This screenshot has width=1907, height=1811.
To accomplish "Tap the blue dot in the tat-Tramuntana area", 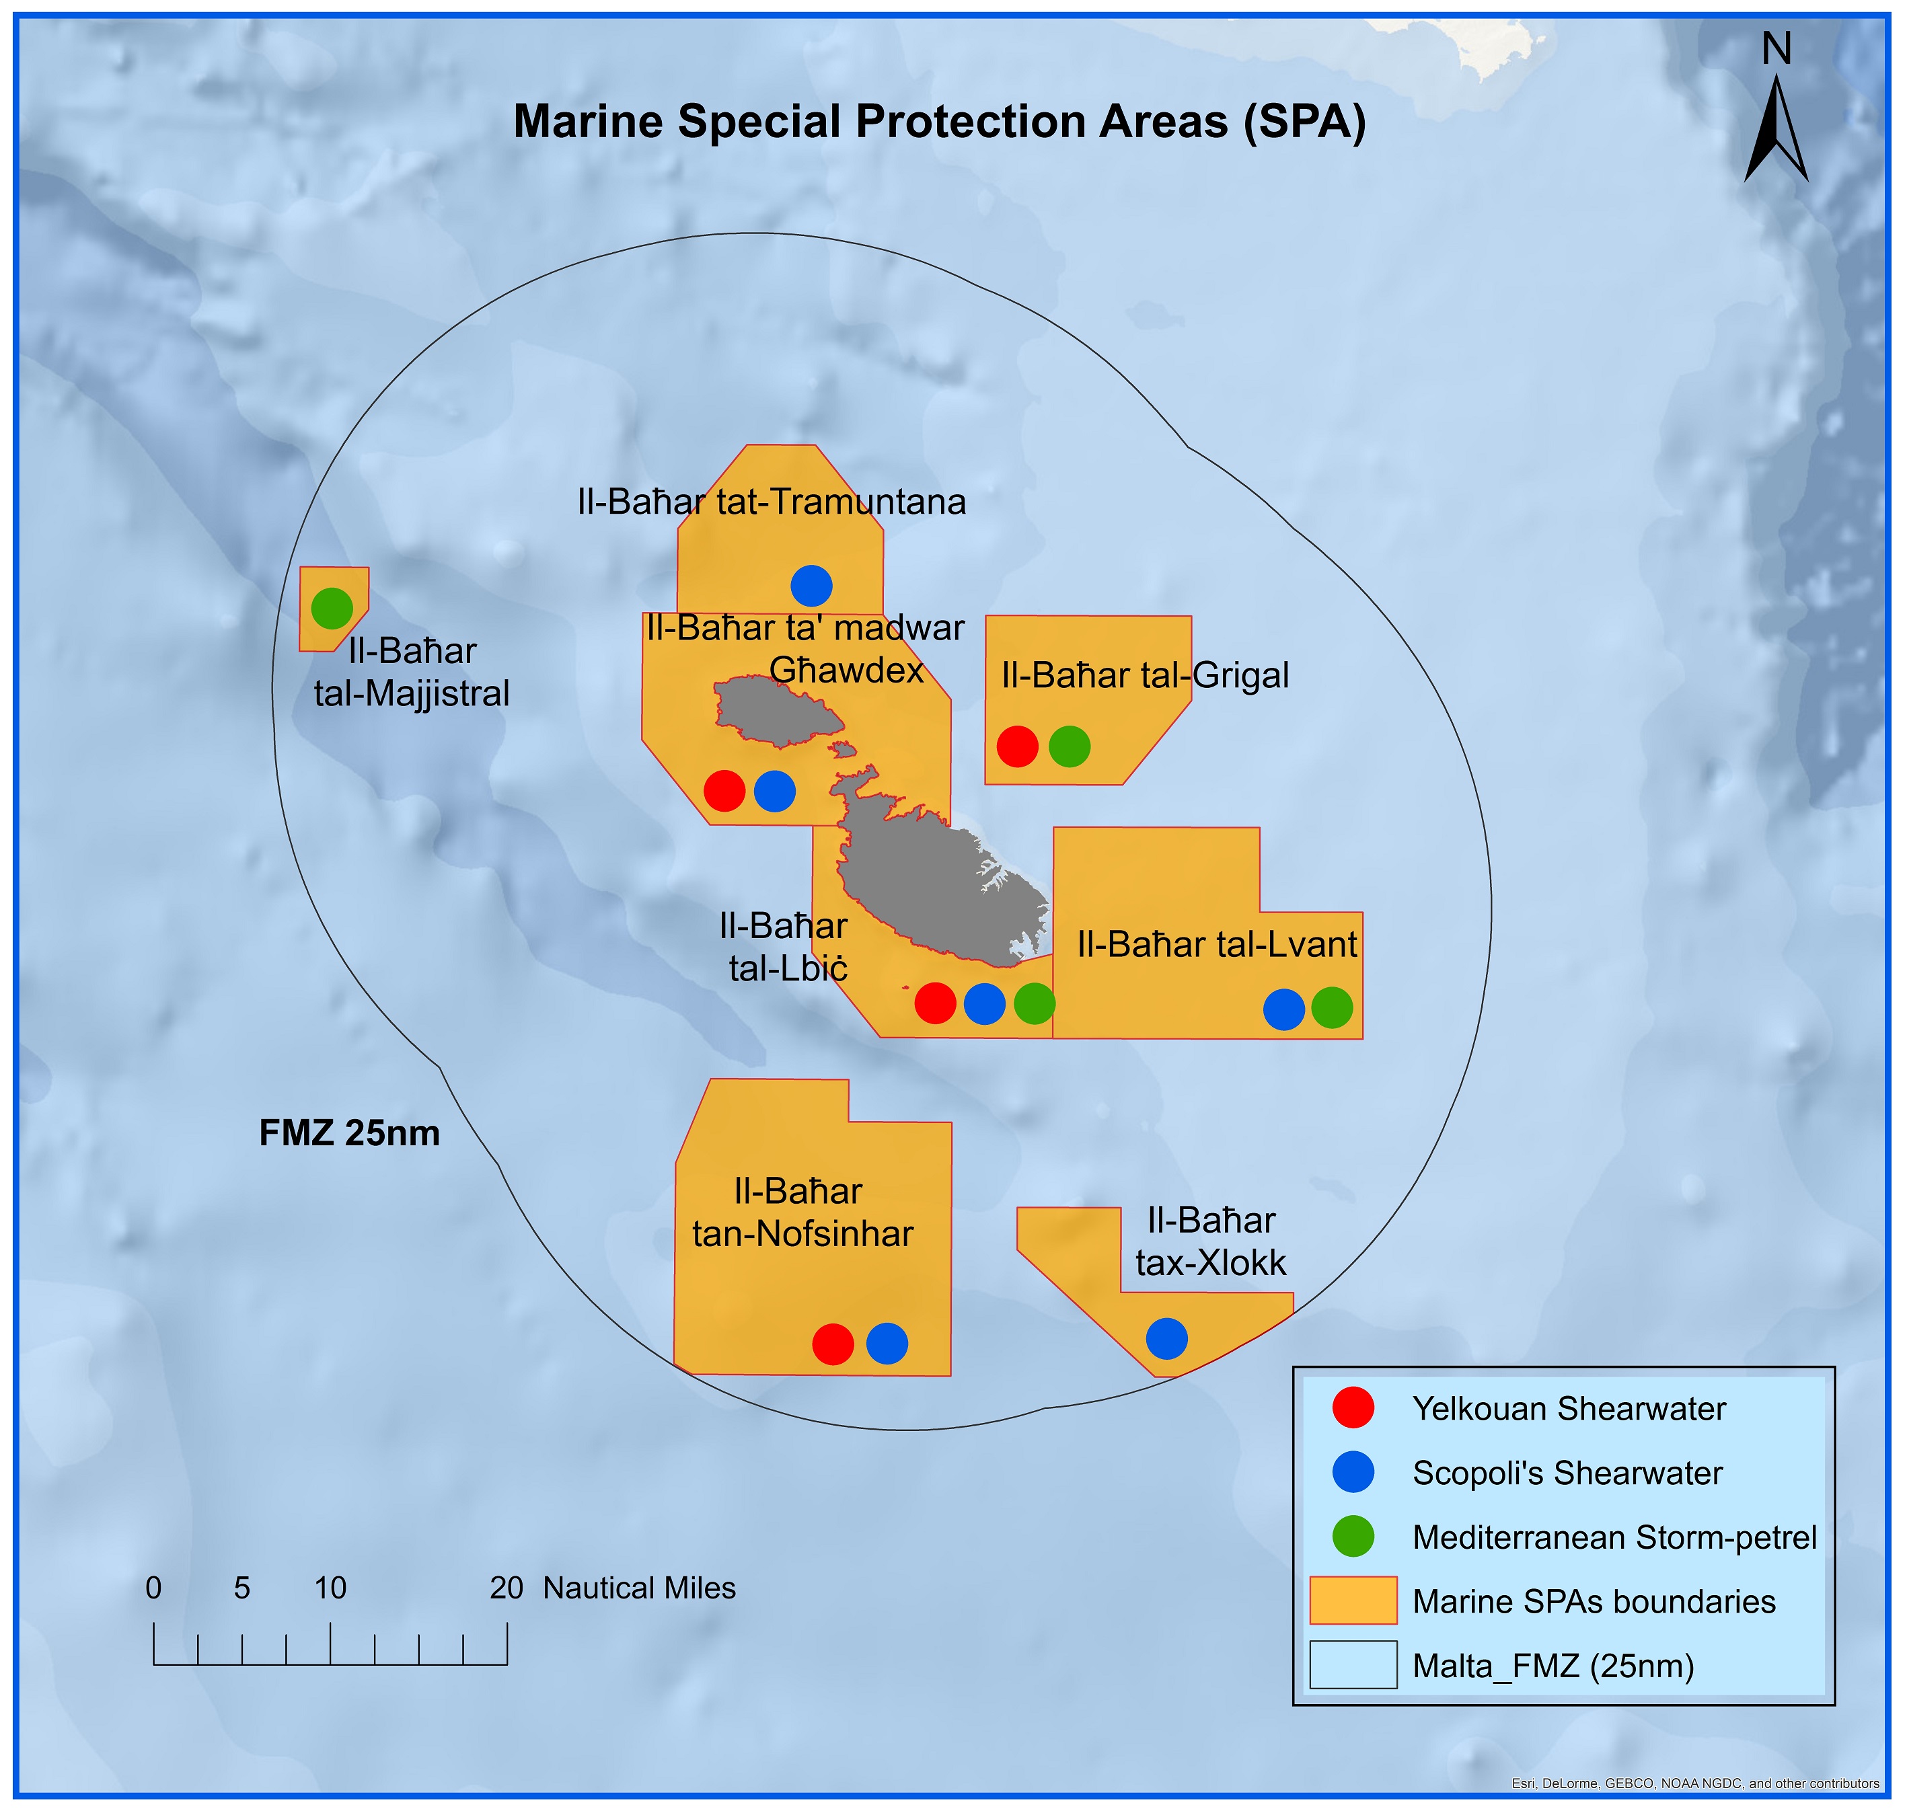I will pos(811,585).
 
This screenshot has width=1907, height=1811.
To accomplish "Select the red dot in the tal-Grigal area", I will pos(1017,746).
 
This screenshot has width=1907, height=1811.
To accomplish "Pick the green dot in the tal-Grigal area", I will pos(1069,746).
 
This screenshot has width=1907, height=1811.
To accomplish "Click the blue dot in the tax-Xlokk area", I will pos(1166,1338).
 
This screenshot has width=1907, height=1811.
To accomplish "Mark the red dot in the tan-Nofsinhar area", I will pos(832,1344).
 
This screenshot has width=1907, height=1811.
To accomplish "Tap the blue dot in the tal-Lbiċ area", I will pos(984,1004).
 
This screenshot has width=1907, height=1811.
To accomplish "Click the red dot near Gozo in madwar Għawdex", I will pos(724,791).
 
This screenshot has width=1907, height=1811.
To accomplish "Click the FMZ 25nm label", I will pos(350,1132).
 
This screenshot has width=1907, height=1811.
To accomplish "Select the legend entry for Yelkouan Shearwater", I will pos(1568,1408).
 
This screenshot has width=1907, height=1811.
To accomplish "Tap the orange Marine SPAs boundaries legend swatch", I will pos(1353,1601).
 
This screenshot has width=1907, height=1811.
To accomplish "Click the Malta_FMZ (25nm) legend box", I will pos(1353,1665).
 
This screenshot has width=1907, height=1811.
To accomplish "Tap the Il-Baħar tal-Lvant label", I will pos(1217,944).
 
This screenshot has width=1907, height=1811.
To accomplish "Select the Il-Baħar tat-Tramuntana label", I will pos(772,502).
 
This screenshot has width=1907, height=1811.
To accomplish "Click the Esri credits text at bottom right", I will pos(1694,1783).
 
